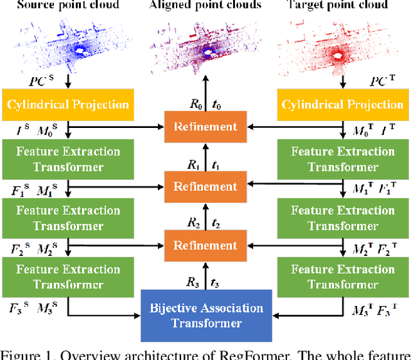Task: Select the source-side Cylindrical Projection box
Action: tap(67, 104)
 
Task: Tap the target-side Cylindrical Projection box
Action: tap(343, 104)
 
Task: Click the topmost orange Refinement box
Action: tap(205, 127)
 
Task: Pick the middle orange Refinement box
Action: tap(205, 186)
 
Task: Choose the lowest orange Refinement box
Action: tap(205, 245)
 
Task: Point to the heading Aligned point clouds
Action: tap(205, 5)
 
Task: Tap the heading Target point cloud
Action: tap(342, 5)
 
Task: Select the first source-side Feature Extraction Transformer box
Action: tap(67, 159)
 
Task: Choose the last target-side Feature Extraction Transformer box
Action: tap(343, 276)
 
